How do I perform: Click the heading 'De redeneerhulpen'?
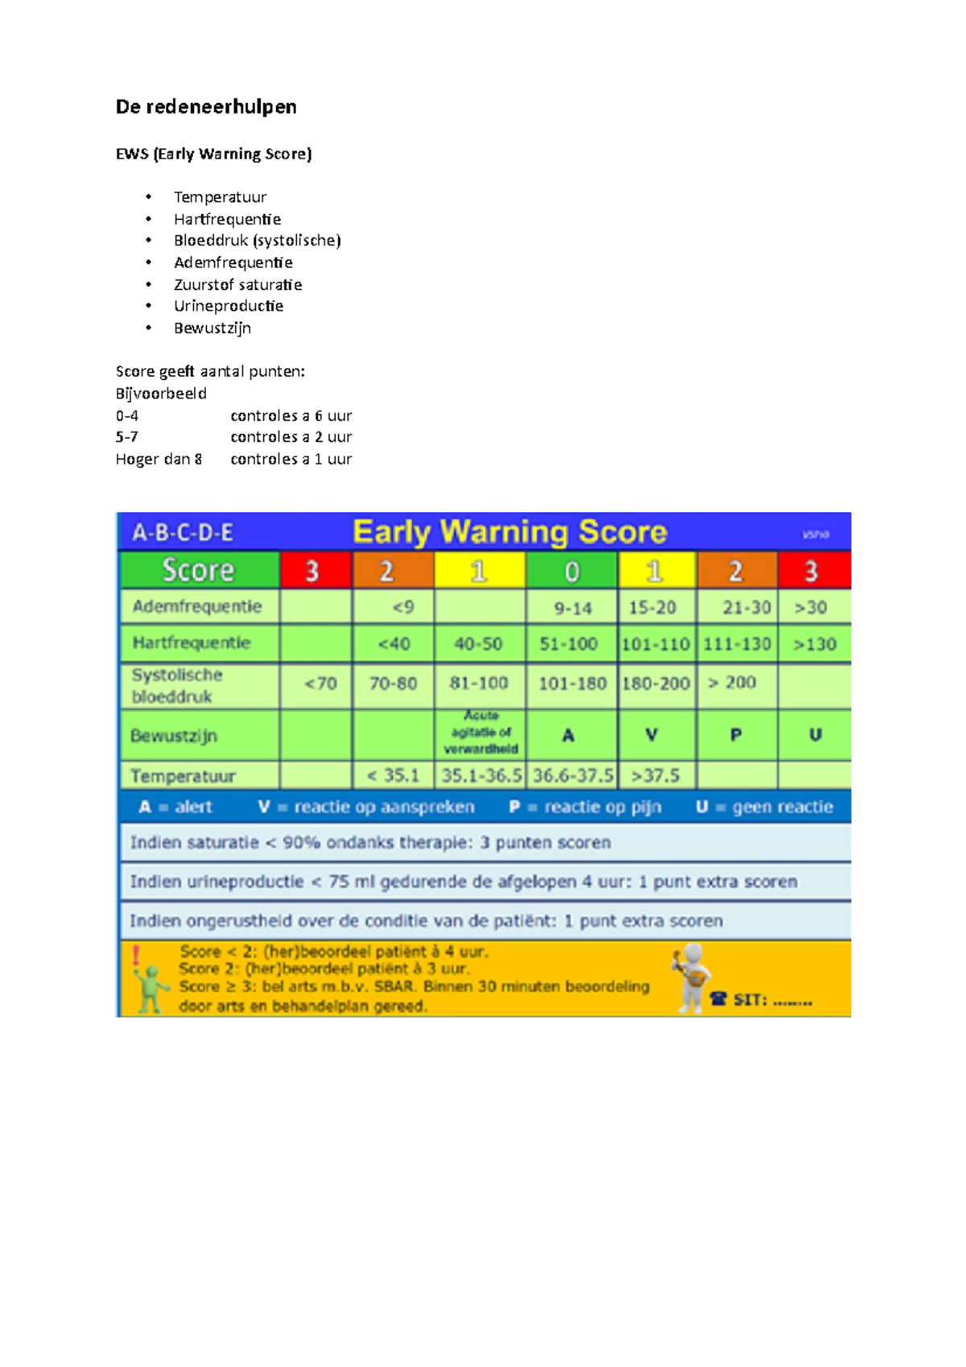point(206,107)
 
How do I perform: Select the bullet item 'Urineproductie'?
point(229,306)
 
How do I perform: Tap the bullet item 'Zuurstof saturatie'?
point(237,284)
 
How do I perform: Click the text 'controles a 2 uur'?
point(291,437)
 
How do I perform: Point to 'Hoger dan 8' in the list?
point(159,459)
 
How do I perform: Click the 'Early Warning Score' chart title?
point(510,532)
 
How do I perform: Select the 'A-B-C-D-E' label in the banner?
point(183,533)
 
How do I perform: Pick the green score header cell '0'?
point(572,571)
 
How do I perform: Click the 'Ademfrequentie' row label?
point(197,606)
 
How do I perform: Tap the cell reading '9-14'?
point(572,608)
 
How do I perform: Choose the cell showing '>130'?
point(815,644)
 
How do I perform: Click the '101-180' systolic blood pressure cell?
point(572,683)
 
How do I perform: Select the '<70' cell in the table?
point(320,683)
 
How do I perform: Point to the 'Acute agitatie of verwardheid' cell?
point(481,733)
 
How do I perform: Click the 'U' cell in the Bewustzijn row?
point(815,735)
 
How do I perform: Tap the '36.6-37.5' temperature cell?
point(572,775)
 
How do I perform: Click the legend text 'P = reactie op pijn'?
point(585,807)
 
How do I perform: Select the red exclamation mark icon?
point(136,956)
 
